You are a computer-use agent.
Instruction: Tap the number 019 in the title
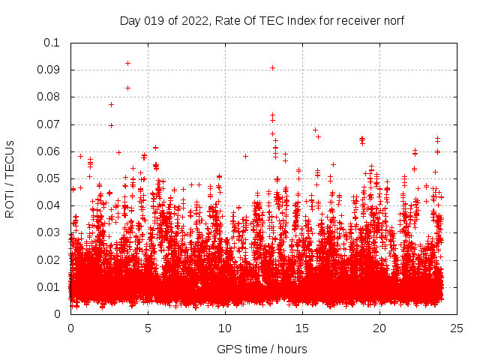(x=156, y=20)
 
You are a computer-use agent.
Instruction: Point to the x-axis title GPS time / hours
(x=262, y=349)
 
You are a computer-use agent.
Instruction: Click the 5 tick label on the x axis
(x=148, y=328)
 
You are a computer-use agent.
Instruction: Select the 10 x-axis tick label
(x=225, y=328)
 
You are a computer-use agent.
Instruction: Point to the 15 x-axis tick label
(x=302, y=328)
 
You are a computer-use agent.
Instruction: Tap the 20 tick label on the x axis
(x=379, y=328)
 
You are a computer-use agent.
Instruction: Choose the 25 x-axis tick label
(x=457, y=328)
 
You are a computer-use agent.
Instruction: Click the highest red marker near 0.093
(x=127, y=63)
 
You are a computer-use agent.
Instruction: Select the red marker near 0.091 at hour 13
(x=272, y=67)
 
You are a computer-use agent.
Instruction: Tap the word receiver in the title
(x=356, y=20)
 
